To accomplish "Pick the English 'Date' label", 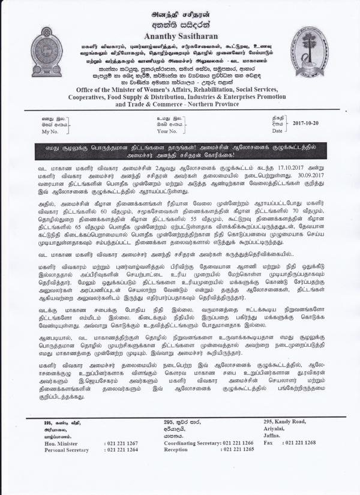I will pyautogui.click(x=277, y=130).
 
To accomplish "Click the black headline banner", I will pyautogui.click(x=180, y=150).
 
